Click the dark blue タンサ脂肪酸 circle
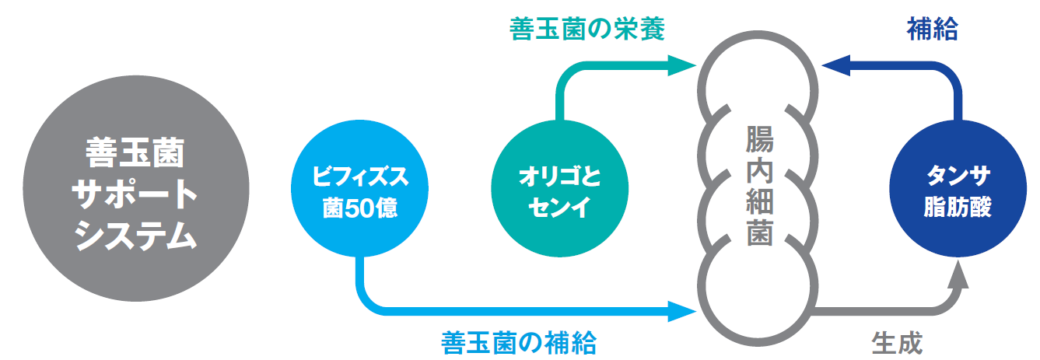click(x=958, y=191)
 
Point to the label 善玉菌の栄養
click(x=587, y=30)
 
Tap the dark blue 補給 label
click(x=931, y=30)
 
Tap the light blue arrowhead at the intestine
click(x=681, y=313)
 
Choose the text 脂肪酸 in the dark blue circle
click(x=958, y=208)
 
